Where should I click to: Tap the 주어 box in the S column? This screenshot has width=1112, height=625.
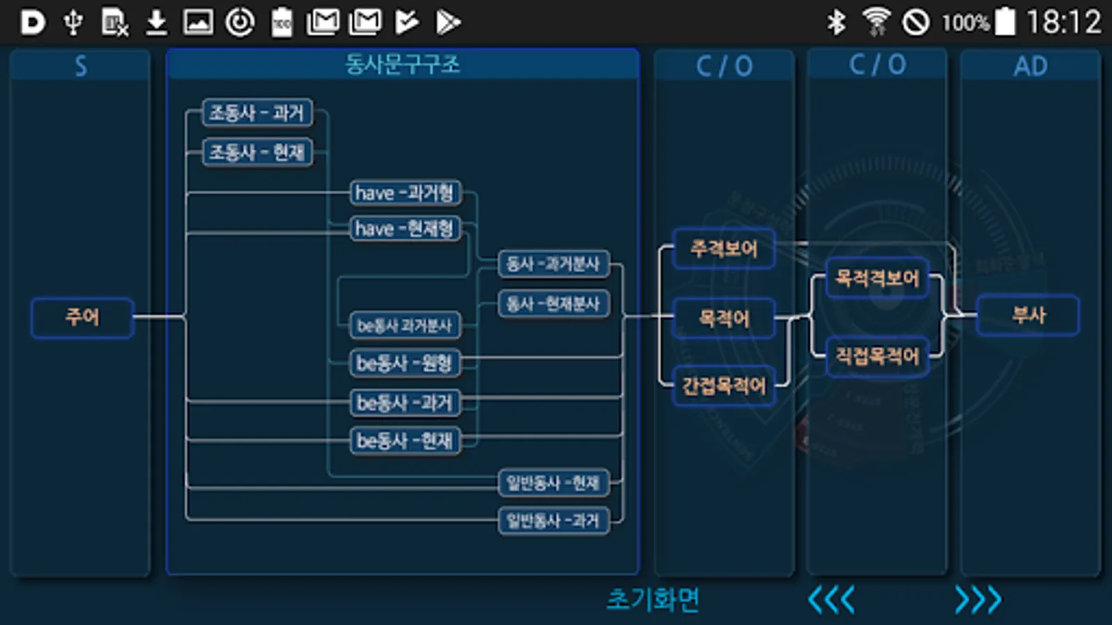click(x=82, y=317)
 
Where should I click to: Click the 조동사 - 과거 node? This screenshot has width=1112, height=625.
click(x=257, y=112)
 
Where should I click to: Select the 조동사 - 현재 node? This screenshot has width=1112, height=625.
click(x=257, y=152)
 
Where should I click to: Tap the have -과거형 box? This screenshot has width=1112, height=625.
click(x=404, y=192)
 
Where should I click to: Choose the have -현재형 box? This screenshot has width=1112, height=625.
click(x=404, y=228)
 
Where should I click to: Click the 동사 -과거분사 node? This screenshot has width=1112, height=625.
click(x=553, y=264)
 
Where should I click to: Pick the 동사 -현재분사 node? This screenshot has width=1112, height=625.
click(x=553, y=303)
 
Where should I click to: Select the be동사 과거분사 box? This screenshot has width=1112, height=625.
click(x=404, y=325)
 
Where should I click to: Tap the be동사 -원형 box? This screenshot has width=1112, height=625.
click(x=404, y=362)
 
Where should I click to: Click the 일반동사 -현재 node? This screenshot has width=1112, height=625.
click(x=553, y=483)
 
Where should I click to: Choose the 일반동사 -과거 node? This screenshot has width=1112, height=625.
click(x=553, y=520)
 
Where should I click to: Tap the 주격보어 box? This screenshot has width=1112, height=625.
click(x=723, y=248)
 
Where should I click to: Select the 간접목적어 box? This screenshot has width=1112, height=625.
click(x=723, y=385)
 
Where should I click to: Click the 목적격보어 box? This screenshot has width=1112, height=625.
click(x=877, y=278)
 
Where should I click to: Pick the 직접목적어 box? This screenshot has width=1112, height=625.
click(x=877, y=357)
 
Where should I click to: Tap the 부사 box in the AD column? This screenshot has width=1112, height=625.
click(x=1028, y=315)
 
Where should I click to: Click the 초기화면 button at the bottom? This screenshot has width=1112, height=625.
click(x=653, y=599)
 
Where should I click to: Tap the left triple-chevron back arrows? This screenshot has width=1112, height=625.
click(x=831, y=599)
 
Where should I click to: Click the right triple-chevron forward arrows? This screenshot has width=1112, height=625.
click(x=978, y=599)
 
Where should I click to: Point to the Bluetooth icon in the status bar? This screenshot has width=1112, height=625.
click(x=836, y=22)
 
